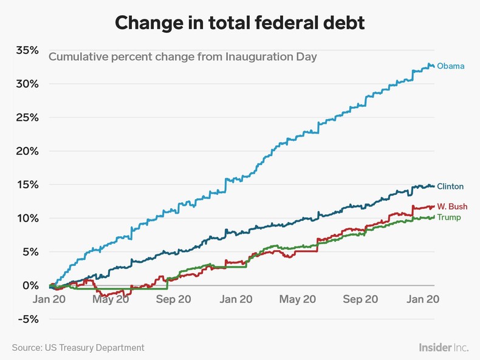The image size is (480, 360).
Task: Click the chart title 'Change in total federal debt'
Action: tap(239, 22)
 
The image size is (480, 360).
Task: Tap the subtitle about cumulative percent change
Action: tap(182, 57)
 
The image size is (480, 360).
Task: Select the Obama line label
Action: tap(450, 66)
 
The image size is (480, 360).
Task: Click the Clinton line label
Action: tap(450, 186)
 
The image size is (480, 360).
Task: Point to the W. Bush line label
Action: tap(452, 207)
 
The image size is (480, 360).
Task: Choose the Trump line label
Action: tap(449, 217)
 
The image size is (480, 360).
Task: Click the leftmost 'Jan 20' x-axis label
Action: tap(49, 299)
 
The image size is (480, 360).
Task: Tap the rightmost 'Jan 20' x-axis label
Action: tap(422, 299)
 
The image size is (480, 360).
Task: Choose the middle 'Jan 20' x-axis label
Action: tap(236, 299)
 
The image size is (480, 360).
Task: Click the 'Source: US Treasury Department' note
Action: tap(78, 348)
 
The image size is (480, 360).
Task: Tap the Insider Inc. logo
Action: tap(443, 348)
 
